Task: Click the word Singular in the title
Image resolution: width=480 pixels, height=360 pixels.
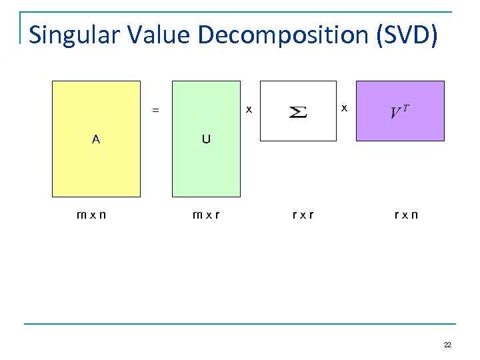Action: point(74,35)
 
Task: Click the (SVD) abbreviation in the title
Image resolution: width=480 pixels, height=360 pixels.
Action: point(407,35)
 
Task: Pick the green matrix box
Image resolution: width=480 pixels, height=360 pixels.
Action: point(206,167)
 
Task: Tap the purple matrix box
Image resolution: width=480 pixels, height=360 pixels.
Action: point(400,127)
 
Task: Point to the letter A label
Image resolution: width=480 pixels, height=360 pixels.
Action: point(97,139)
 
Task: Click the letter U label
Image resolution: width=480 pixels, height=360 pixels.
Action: point(206,139)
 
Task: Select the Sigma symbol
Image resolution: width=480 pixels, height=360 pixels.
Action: point(297,111)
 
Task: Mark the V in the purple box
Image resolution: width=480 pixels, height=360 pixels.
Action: point(396,113)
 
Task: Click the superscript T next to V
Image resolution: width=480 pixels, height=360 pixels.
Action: point(405,107)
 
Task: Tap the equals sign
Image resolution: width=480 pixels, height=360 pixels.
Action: point(156,111)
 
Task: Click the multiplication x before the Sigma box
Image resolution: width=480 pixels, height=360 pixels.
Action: point(249,109)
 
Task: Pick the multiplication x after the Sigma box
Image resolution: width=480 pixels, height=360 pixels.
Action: point(344,107)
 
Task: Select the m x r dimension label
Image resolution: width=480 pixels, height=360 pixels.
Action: point(207,215)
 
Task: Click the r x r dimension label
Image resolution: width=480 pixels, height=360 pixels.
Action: point(303,215)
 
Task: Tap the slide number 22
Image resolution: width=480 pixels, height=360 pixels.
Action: point(447,345)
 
